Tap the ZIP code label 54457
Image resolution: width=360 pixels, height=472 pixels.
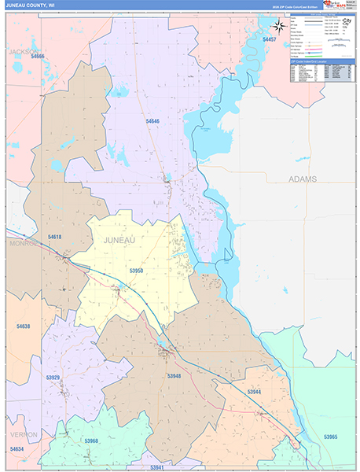click(270, 39)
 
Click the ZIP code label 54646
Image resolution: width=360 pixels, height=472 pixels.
click(152, 121)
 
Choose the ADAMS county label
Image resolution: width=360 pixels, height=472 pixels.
click(303, 179)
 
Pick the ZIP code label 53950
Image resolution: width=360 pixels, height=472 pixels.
click(135, 271)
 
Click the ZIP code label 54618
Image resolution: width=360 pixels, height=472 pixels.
click(54, 237)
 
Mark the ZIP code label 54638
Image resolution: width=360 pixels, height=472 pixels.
click(23, 326)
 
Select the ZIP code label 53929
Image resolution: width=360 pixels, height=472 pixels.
click(53, 378)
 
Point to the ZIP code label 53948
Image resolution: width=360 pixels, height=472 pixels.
click(174, 377)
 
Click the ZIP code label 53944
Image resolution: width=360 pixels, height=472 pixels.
click(254, 392)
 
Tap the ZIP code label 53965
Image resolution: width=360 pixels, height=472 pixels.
click(330, 437)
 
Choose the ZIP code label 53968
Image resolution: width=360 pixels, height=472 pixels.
click(92, 441)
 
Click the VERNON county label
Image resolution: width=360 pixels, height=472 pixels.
click(24, 434)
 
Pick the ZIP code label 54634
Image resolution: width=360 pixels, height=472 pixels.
click(17, 449)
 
